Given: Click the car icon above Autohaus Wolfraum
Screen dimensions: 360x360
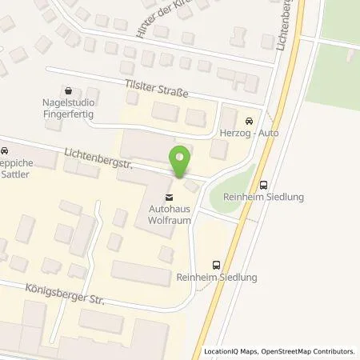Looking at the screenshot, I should [x=167, y=196].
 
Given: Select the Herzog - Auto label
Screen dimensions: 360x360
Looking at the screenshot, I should [x=249, y=133].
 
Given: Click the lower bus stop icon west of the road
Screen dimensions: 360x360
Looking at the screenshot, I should [x=215, y=264].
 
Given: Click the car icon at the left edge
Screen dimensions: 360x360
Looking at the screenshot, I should [x=4, y=150].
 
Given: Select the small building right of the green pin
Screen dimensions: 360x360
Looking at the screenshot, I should [x=190, y=186].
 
